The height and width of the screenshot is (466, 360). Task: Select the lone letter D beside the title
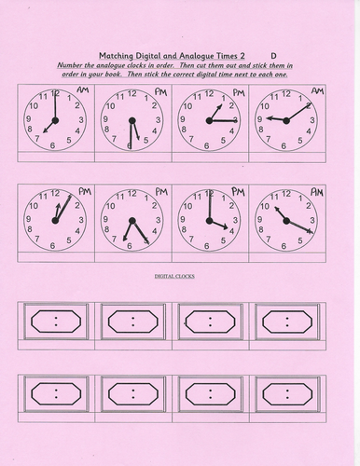273,55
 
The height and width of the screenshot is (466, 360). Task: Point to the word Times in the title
233,55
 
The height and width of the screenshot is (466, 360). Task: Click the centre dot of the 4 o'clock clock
209,222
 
